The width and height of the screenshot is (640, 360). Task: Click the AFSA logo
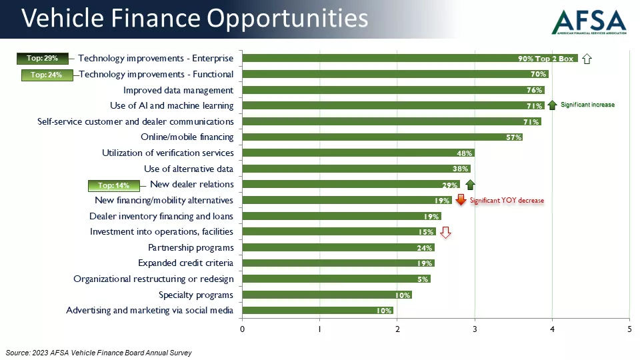[x=589, y=21]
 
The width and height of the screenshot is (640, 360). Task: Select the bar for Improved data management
[x=393, y=90]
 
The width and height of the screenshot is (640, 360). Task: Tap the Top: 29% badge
[x=43, y=59]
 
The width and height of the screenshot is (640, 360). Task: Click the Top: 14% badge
[x=113, y=185]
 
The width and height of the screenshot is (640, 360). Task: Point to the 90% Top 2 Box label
[x=545, y=59]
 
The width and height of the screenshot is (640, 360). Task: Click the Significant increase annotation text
[x=587, y=105]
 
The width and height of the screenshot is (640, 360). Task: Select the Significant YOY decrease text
[x=507, y=200]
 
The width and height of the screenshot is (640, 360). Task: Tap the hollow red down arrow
[x=446, y=232]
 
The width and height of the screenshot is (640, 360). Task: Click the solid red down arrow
[x=460, y=200]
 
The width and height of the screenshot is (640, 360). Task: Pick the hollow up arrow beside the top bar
[x=587, y=59]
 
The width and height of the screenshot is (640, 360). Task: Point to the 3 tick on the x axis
[x=475, y=329]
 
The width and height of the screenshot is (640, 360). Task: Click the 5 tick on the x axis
[x=629, y=329]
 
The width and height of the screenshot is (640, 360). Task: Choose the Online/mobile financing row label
[x=187, y=137]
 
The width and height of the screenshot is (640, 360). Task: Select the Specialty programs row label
[x=196, y=295]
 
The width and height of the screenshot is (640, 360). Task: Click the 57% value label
[x=513, y=137]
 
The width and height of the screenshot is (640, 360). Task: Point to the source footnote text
[x=99, y=353]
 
